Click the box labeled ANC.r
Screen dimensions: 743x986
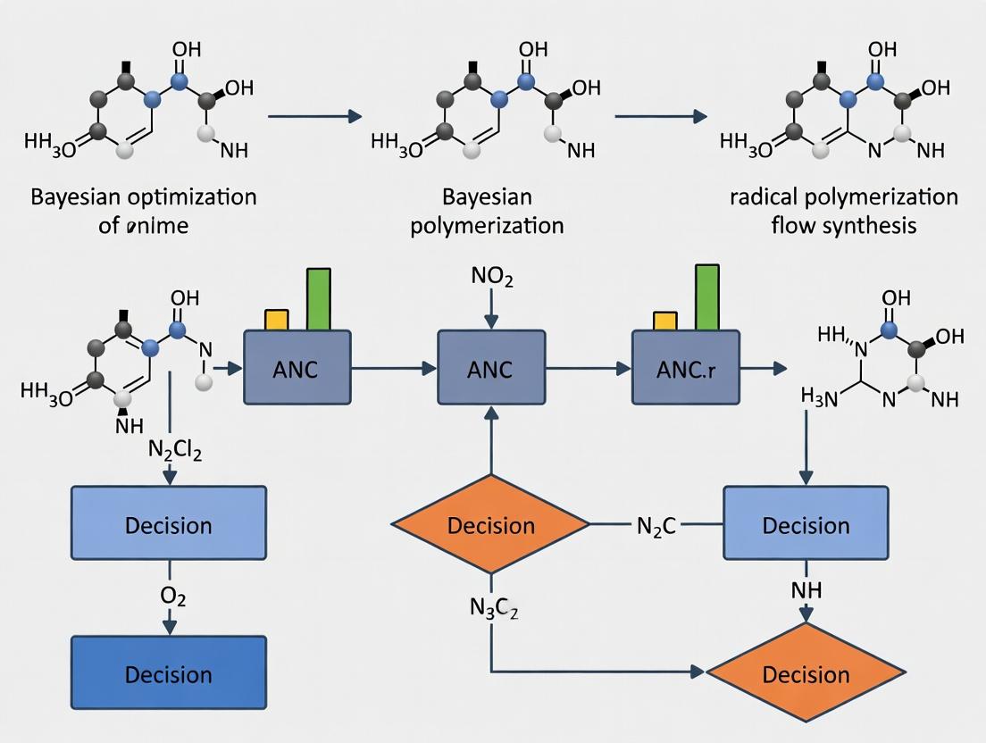coord(685,367)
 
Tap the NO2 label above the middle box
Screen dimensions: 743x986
coord(490,278)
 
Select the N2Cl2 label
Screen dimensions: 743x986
coord(174,452)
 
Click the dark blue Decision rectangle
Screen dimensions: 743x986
coord(168,674)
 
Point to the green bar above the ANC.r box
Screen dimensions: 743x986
coord(706,296)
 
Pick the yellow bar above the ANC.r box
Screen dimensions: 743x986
coord(665,321)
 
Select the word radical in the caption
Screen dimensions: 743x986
coord(761,196)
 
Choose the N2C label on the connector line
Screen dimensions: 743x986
coord(656,524)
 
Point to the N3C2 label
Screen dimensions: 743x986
coord(493,610)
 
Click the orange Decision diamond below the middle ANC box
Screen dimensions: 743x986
coord(490,525)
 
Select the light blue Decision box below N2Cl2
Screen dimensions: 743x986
coord(168,524)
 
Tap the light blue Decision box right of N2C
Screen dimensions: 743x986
coord(806,524)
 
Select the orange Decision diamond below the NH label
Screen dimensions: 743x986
coord(806,674)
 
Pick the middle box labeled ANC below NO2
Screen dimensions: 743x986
coord(490,367)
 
